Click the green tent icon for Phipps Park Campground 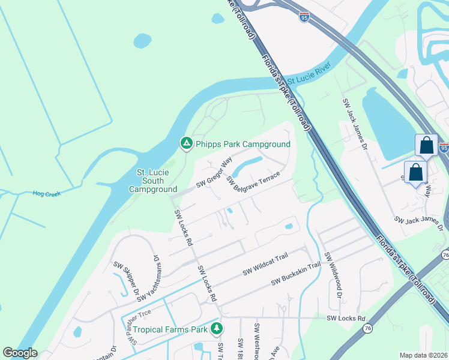click(x=186, y=143)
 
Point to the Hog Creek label click(x=46, y=193)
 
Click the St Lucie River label click(x=310, y=79)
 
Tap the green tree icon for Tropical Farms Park click(x=217, y=329)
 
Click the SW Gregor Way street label click(x=215, y=171)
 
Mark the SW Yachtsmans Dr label click(x=149, y=278)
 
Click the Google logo click(x=20, y=353)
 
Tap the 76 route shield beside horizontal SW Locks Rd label click(x=367, y=328)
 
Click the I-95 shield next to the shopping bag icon click(x=444, y=147)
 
